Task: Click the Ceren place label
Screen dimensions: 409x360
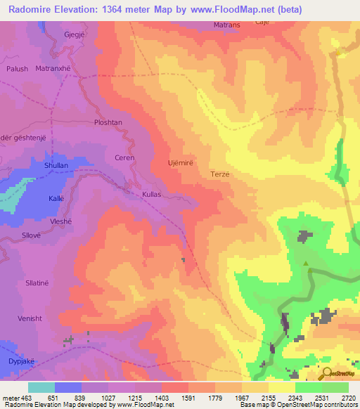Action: click(124, 158)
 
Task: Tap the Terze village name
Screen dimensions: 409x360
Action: click(220, 174)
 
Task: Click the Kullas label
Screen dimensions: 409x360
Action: click(151, 193)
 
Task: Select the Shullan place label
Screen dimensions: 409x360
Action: click(56, 166)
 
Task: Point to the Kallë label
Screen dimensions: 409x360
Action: click(56, 199)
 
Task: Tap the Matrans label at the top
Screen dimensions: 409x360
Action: click(227, 25)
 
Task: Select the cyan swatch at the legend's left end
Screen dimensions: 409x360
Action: click(41, 387)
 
